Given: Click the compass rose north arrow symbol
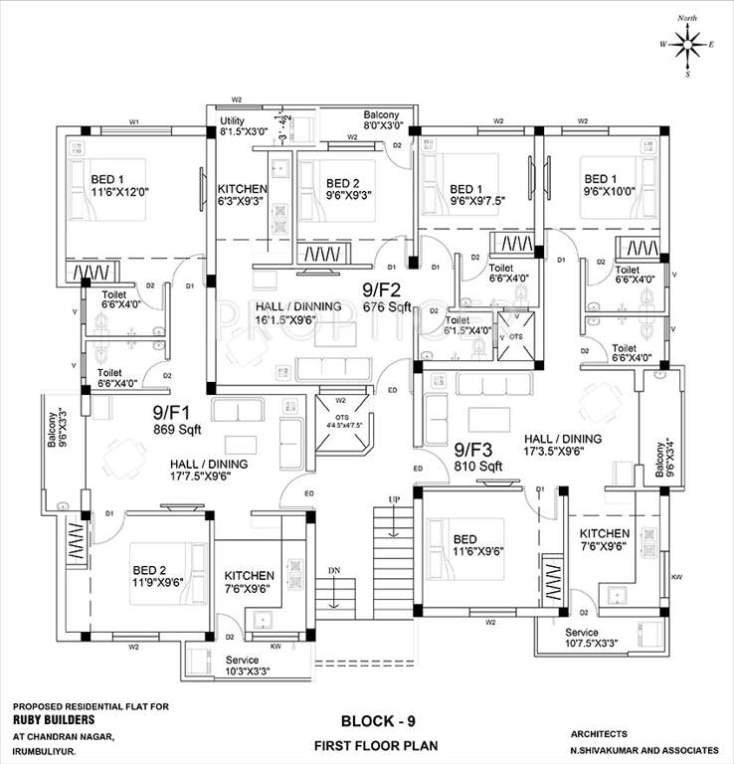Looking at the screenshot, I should click(688, 43).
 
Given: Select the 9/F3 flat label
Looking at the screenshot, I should click(473, 450).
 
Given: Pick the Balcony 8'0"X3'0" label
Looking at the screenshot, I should click(383, 120).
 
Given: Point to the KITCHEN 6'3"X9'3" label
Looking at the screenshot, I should click(243, 195).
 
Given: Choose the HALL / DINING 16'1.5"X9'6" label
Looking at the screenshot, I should click(298, 313).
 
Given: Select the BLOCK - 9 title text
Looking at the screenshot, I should click(377, 720).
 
